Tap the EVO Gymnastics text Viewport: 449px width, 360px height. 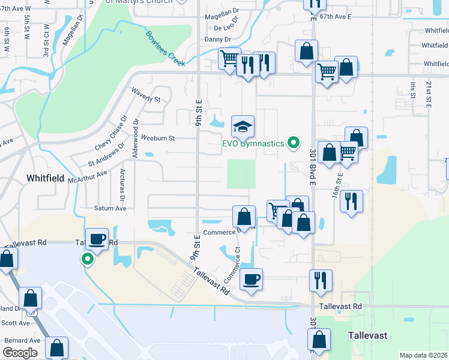[252, 143]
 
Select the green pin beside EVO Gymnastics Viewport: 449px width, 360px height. [294, 143]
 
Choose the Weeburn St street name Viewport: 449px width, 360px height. [157, 138]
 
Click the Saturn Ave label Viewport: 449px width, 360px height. [110, 208]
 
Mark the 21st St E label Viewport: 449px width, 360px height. [429, 94]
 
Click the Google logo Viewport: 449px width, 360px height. [20, 352]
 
